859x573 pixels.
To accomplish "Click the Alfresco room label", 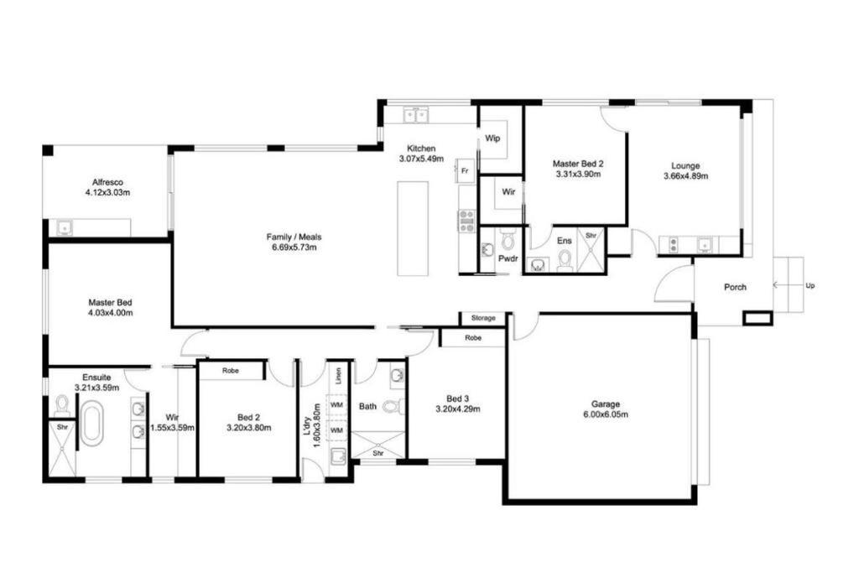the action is point(107,182).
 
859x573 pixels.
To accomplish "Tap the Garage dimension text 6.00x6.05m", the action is point(606,414).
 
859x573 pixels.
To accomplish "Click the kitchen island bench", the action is point(413,228).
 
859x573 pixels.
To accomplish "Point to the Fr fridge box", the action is point(465,171).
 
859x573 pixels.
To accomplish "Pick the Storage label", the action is point(482,318).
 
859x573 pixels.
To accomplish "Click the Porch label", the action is point(735,287).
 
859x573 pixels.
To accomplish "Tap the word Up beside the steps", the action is point(810,285).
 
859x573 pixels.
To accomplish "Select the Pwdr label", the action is point(508,258).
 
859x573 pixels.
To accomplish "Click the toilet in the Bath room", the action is point(393,406).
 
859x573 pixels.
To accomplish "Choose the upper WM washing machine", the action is point(337,405).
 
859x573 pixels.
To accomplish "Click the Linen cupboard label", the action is point(338,376).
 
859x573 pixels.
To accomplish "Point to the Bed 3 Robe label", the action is point(473,338).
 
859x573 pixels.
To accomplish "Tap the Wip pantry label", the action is point(492,138).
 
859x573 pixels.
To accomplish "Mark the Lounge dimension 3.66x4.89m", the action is point(685,176).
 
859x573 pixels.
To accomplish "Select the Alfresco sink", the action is point(64,227).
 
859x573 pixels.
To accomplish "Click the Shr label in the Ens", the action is point(591,236).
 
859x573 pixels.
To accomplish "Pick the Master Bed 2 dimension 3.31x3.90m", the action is point(578,175).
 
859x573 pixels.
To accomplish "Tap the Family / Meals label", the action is point(294,237).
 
